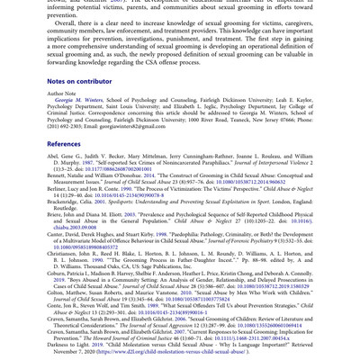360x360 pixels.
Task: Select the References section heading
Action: [64, 143]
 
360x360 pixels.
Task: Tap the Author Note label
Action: [64, 93]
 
